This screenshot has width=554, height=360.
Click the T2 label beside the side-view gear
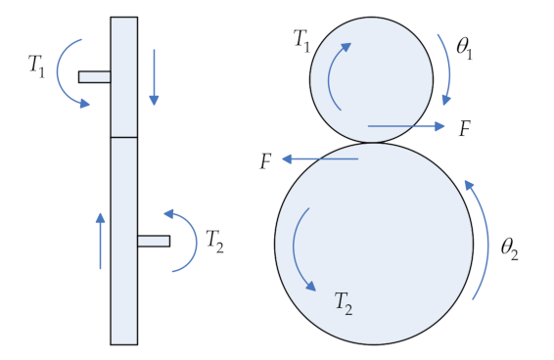pyautogui.click(x=214, y=241)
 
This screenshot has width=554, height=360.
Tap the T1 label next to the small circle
pyautogui.click(x=304, y=40)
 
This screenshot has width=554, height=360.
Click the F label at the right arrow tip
pyautogui.click(x=465, y=127)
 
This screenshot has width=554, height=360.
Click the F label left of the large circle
pyautogui.click(x=265, y=161)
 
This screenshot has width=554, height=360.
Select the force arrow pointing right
pyautogui.click(x=407, y=126)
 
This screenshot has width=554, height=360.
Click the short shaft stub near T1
pyautogui.click(x=94, y=76)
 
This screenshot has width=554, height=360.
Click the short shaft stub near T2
pyautogui.click(x=154, y=241)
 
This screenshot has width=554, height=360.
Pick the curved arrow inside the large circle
pyautogui.click(x=300, y=249)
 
